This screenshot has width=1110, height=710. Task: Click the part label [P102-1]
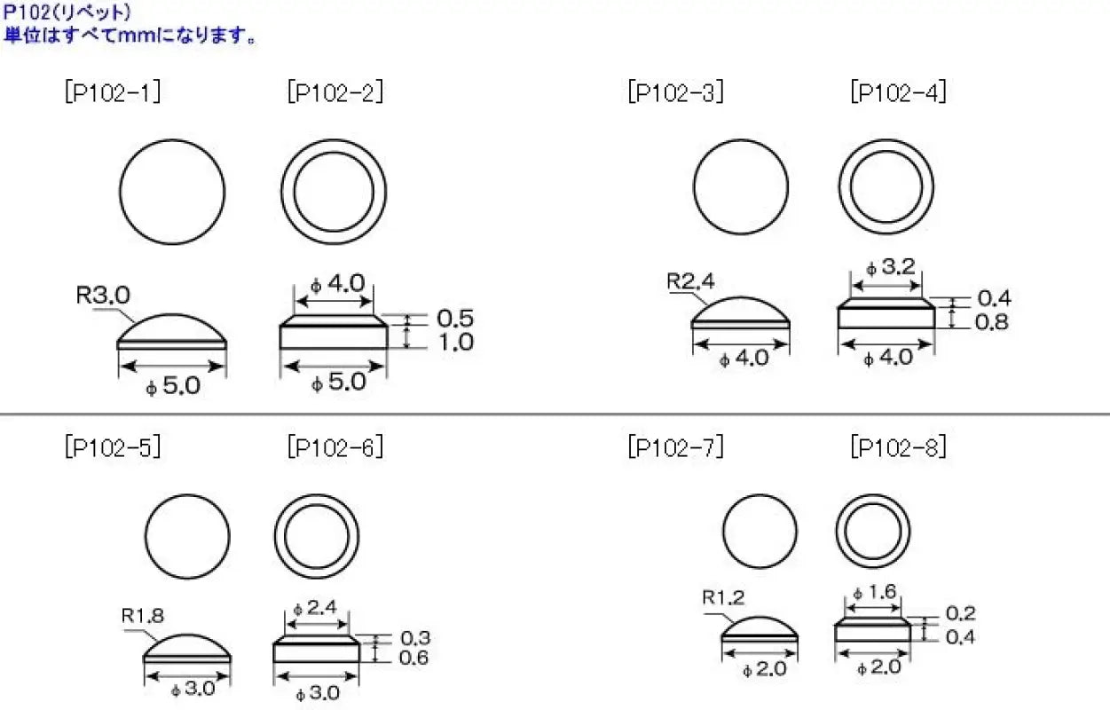pyautogui.click(x=113, y=93)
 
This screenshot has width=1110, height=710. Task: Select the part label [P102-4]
pyautogui.click(x=898, y=93)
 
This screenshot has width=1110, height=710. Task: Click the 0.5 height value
pyautogui.click(x=456, y=318)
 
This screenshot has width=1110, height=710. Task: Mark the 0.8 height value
pyautogui.click(x=992, y=322)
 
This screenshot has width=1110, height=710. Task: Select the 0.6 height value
pyautogui.click(x=414, y=658)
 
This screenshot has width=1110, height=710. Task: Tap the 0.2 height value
pyautogui.click(x=960, y=613)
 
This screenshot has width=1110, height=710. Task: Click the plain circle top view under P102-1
pyautogui.click(x=172, y=191)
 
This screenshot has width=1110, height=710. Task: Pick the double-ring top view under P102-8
pyautogui.click(x=873, y=532)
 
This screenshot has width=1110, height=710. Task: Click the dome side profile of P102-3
pyautogui.click(x=740, y=313)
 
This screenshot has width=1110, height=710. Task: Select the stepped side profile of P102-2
pyautogui.click(x=334, y=332)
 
